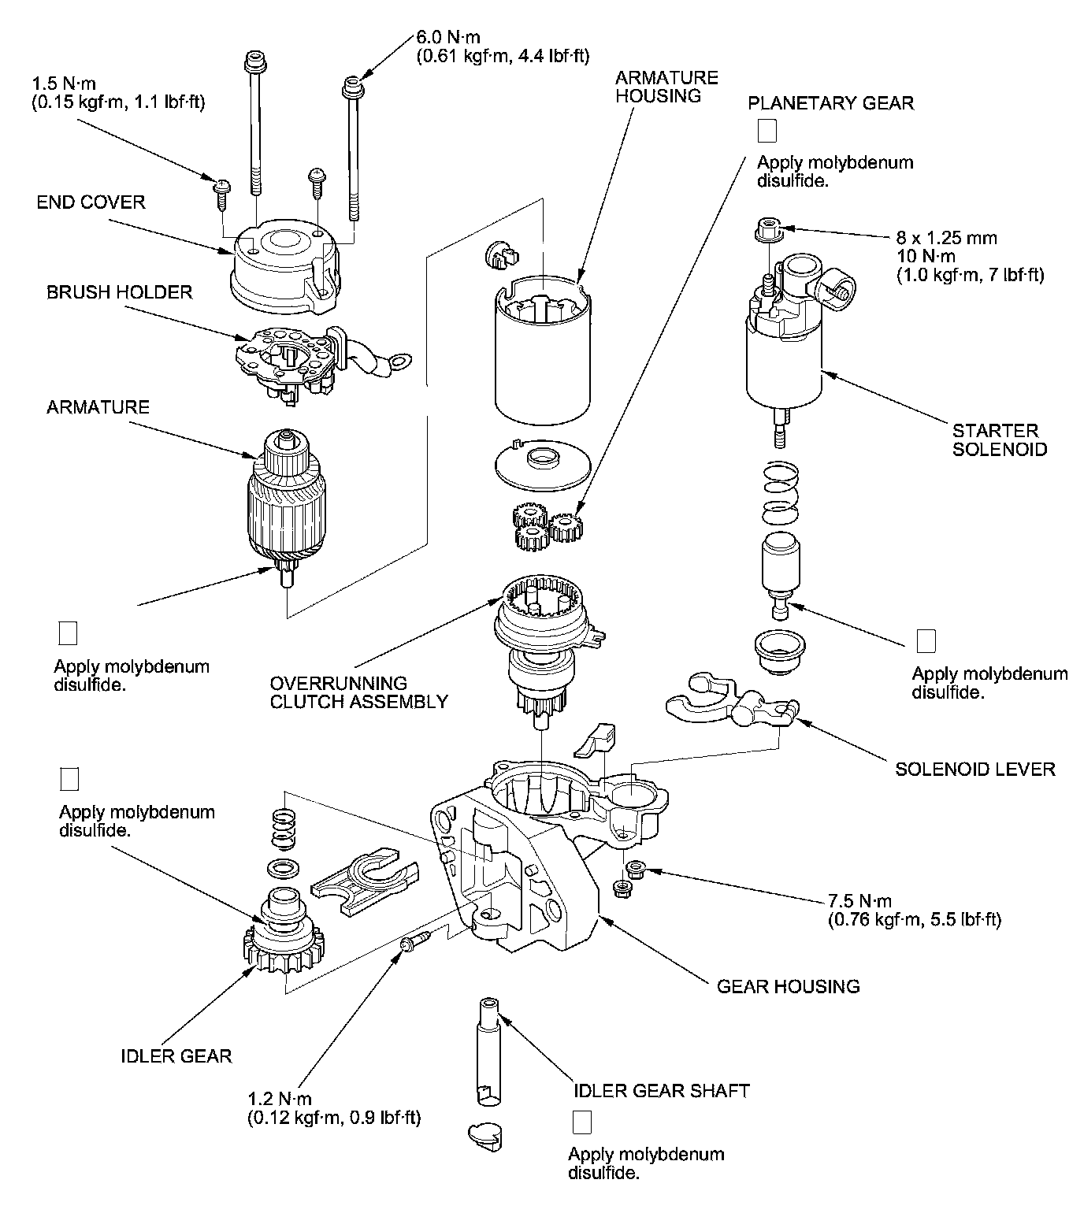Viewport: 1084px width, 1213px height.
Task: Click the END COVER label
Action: pos(91,202)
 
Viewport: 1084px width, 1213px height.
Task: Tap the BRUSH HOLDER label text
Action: pos(120,292)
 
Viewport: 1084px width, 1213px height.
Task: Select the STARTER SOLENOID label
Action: pos(1000,440)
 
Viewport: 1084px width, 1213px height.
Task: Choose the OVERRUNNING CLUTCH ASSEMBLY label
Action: pos(358,692)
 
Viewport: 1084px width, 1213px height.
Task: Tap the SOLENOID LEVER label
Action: pos(975,769)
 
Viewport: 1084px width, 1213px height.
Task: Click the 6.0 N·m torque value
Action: pos(448,37)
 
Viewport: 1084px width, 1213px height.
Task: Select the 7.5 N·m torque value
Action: pos(860,900)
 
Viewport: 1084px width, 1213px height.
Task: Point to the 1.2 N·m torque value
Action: pos(280,1099)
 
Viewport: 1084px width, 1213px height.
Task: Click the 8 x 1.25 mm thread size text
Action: pos(947,238)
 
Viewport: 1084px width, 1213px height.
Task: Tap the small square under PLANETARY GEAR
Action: pos(767,131)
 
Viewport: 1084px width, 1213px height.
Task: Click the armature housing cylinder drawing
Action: pos(543,350)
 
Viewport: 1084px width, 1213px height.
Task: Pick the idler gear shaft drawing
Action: pos(488,1051)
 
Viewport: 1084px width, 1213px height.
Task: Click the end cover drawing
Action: pos(286,266)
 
